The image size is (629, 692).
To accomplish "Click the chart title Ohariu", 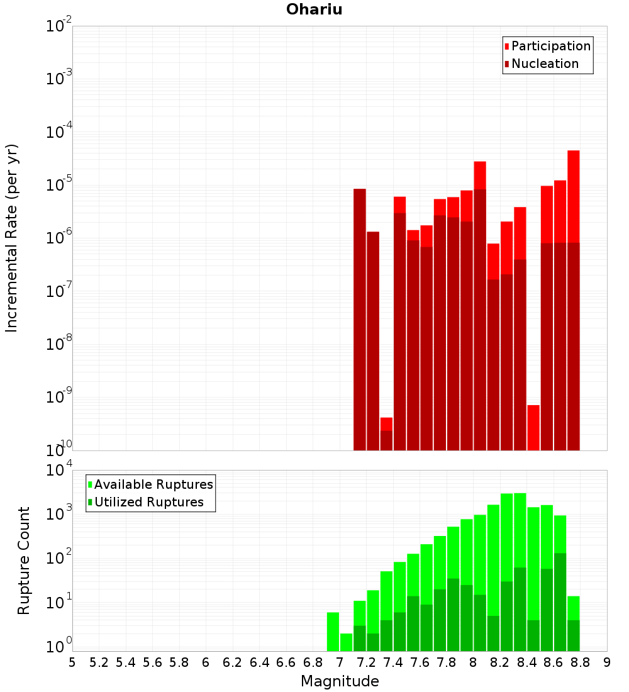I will pos(314,9).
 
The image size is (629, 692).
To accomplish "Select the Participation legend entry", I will pos(551,47).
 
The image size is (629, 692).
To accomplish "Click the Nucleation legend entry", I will pos(545,64).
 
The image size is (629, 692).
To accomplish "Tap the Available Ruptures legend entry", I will pos(153,485).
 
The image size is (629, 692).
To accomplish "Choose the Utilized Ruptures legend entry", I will pos(148,503).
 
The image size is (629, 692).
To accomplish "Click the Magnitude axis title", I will pos(340,681).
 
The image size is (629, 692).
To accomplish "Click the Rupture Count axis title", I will pos(24,560).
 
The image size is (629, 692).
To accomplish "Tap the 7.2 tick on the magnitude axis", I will pos(366,662).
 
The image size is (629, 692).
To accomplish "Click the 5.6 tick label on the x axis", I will pos(152,662).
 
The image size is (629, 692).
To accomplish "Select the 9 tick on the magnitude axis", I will pos(607,662).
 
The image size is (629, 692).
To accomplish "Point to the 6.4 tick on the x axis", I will pos(259,662).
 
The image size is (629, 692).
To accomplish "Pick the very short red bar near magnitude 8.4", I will pos(533,428).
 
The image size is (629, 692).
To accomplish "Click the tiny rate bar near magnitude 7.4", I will pos(386,434).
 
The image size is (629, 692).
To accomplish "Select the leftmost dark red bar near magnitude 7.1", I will pos(359,315).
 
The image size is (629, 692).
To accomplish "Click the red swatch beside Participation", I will pos(506,47).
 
